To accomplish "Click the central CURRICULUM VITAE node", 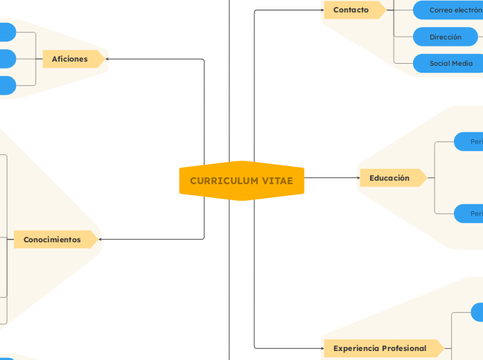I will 241,181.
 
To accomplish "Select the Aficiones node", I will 70,59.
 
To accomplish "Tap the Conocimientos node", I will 53,240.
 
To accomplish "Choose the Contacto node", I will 352,10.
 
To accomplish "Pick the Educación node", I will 390,178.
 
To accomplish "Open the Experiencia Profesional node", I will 380,348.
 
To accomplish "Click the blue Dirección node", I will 446,37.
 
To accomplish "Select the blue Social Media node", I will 450,63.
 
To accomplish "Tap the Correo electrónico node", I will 454,10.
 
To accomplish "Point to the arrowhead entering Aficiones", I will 107,59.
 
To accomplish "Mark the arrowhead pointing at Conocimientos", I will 102,240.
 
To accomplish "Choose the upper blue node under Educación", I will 468,141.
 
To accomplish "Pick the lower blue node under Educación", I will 468,214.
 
